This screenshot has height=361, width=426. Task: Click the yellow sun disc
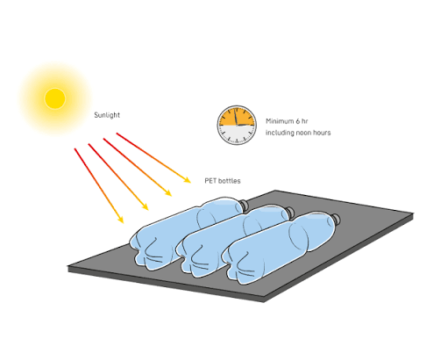[55, 98]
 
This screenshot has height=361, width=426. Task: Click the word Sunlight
[107, 115]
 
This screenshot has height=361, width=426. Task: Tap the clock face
[237, 125]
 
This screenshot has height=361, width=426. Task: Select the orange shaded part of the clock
[238, 117]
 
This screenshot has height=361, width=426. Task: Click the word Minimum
[280, 121]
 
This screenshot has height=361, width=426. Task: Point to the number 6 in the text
[298, 121]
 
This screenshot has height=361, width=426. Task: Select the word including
[279, 133]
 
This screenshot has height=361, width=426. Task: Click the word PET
[209, 181]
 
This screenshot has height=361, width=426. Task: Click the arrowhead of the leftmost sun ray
[120, 220]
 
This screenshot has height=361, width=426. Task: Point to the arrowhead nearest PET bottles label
[187, 180]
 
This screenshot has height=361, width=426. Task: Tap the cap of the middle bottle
[289, 212]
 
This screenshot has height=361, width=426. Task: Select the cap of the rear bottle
[244, 204]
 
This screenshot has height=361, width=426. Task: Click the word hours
[322, 133]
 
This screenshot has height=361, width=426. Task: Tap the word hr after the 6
[305, 121]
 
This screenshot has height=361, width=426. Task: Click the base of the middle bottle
[190, 256]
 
